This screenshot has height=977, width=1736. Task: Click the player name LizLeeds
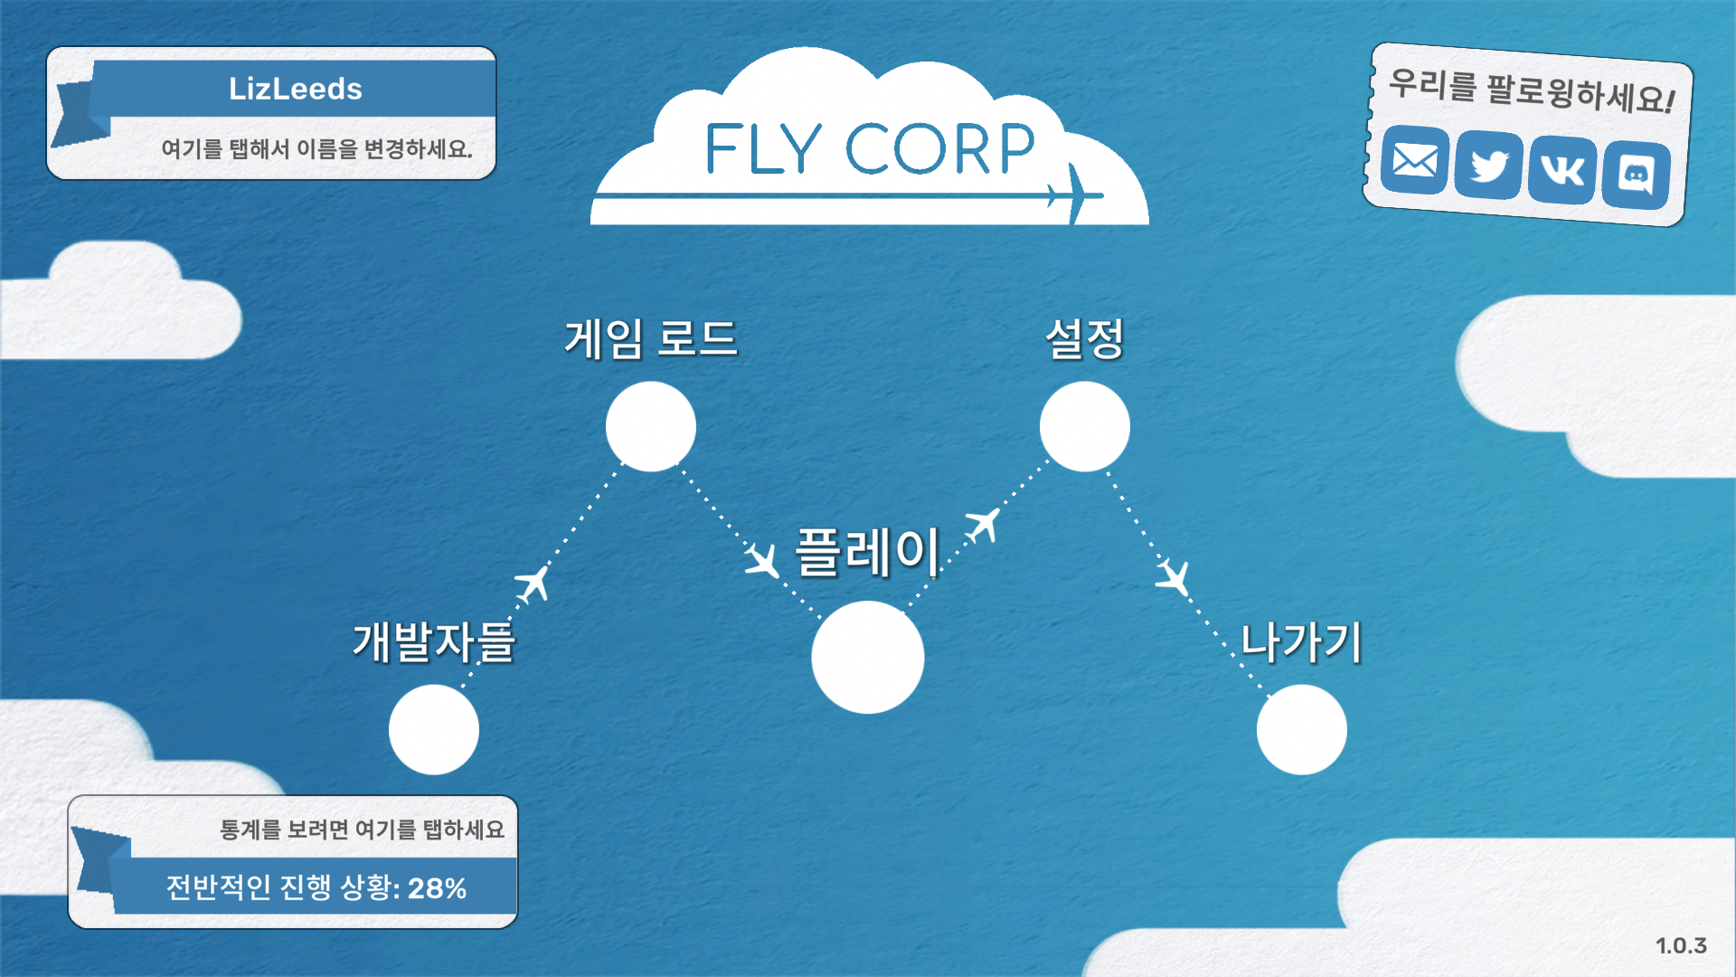tap(295, 89)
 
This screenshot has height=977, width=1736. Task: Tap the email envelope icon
tap(1415, 161)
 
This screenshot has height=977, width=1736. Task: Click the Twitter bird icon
tap(1489, 166)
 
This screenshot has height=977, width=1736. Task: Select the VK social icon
tap(1562, 170)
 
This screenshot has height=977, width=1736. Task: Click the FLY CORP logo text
tap(869, 149)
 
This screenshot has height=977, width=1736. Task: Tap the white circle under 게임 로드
tap(650, 426)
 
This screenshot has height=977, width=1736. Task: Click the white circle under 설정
tap(1084, 426)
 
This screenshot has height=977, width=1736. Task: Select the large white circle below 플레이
tap(867, 658)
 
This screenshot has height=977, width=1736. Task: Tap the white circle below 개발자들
tap(434, 729)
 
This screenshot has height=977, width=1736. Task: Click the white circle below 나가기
tap(1301, 729)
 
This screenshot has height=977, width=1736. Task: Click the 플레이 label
tap(867, 552)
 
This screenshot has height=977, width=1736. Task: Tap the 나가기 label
tap(1301, 642)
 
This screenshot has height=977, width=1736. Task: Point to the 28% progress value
tap(437, 888)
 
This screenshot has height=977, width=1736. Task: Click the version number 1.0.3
tap(1681, 945)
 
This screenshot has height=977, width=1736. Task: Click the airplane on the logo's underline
tap(1074, 194)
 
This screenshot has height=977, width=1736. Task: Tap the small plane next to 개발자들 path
tap(533, 583)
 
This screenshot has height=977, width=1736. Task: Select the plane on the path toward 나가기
tap(1174, 576)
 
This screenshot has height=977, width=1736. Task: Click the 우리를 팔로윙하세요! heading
tap(1531, 91)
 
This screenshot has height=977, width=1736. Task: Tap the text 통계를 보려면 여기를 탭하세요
tap(362, 830)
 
